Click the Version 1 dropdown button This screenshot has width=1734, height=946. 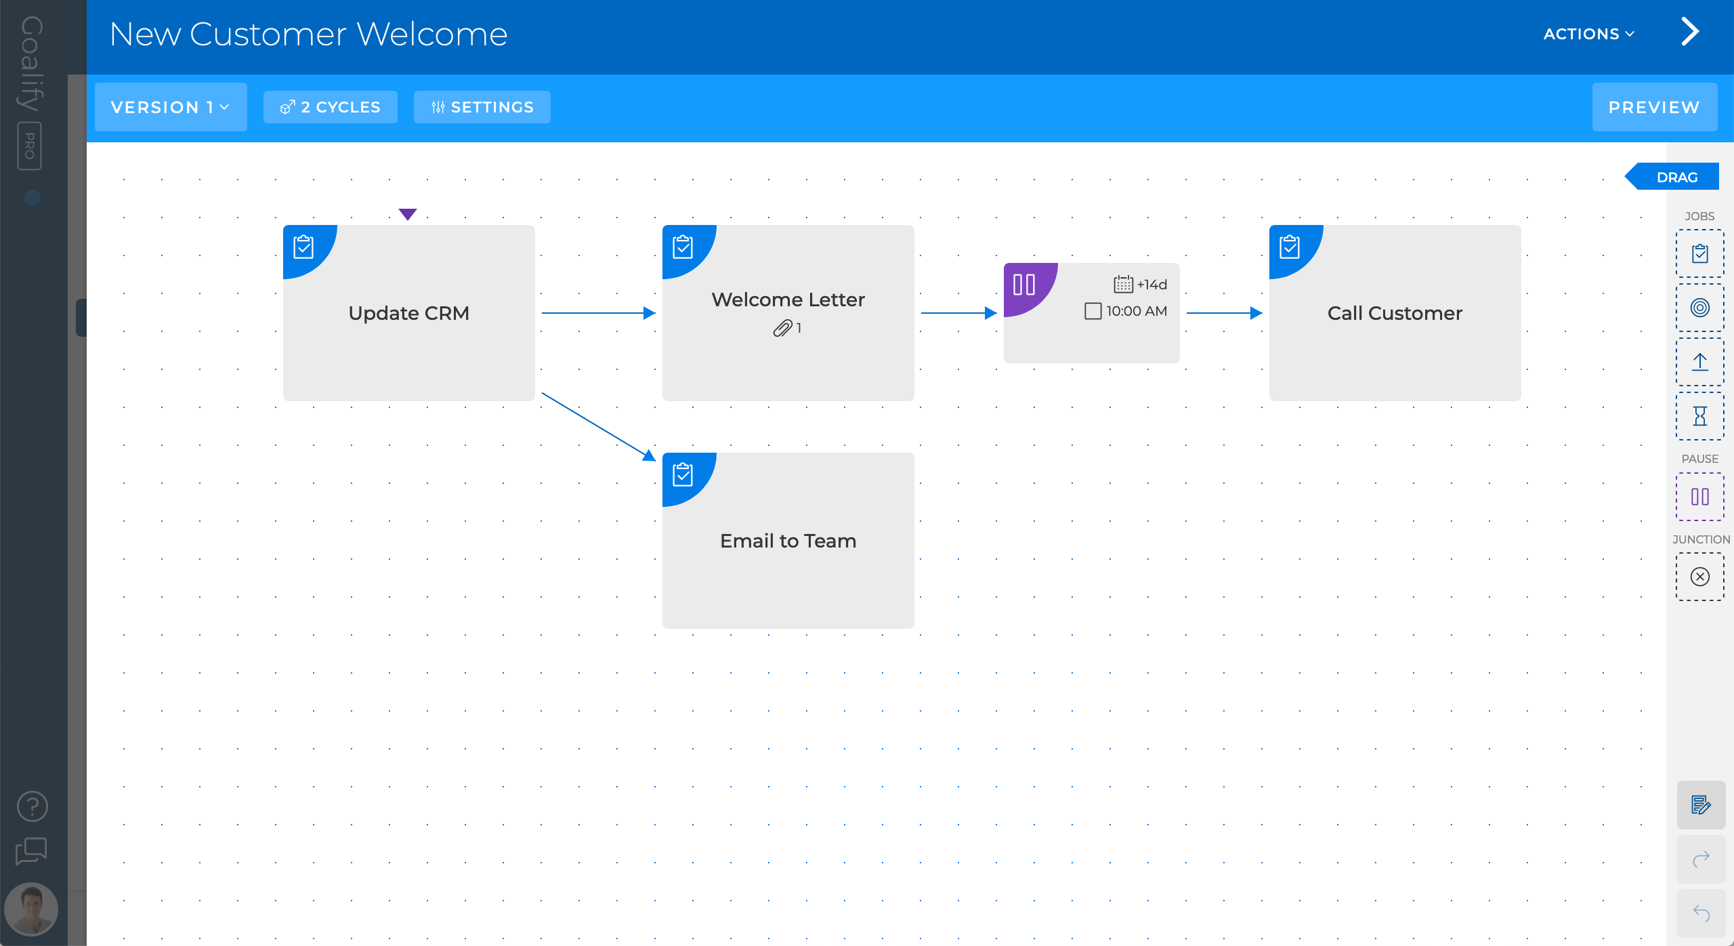pyautogui.click(x=170, y=107)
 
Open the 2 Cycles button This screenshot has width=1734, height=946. pyautogui.click(x=331, y=107)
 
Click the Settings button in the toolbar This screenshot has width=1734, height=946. pyautogui.click(x=482, y=107)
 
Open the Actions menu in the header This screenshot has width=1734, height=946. pyautogui.click(x=1588, y=34)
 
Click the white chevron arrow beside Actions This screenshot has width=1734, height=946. pyautogui.click(x=1690, y=32)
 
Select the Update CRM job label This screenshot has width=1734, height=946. pyautogui.click(x=408, y=313)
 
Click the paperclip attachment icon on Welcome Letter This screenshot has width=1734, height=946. pyautogui.click(x=782, y=329)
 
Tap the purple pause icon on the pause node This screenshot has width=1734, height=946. pyautogui.click(x=1024, y=285)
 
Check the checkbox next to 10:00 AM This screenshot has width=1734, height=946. pyautogui.click(x=1093, y=311)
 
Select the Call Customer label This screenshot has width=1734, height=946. pyautogui.click(x=1395, y=313)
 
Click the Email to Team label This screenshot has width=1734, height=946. pyautogui.click(x=788, y=541)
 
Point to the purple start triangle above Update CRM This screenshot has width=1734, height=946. pyautogui.click(x=408, y=214)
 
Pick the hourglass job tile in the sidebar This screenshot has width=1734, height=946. pyautogui.click(x=1699, y=415)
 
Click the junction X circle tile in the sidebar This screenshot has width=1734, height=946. pyautogui.click(x=1699, y=577)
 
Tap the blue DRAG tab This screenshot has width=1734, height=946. pyautogui.click(x=1676, y=177)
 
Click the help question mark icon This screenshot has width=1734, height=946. pyautogui.click(x=32, y=806)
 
